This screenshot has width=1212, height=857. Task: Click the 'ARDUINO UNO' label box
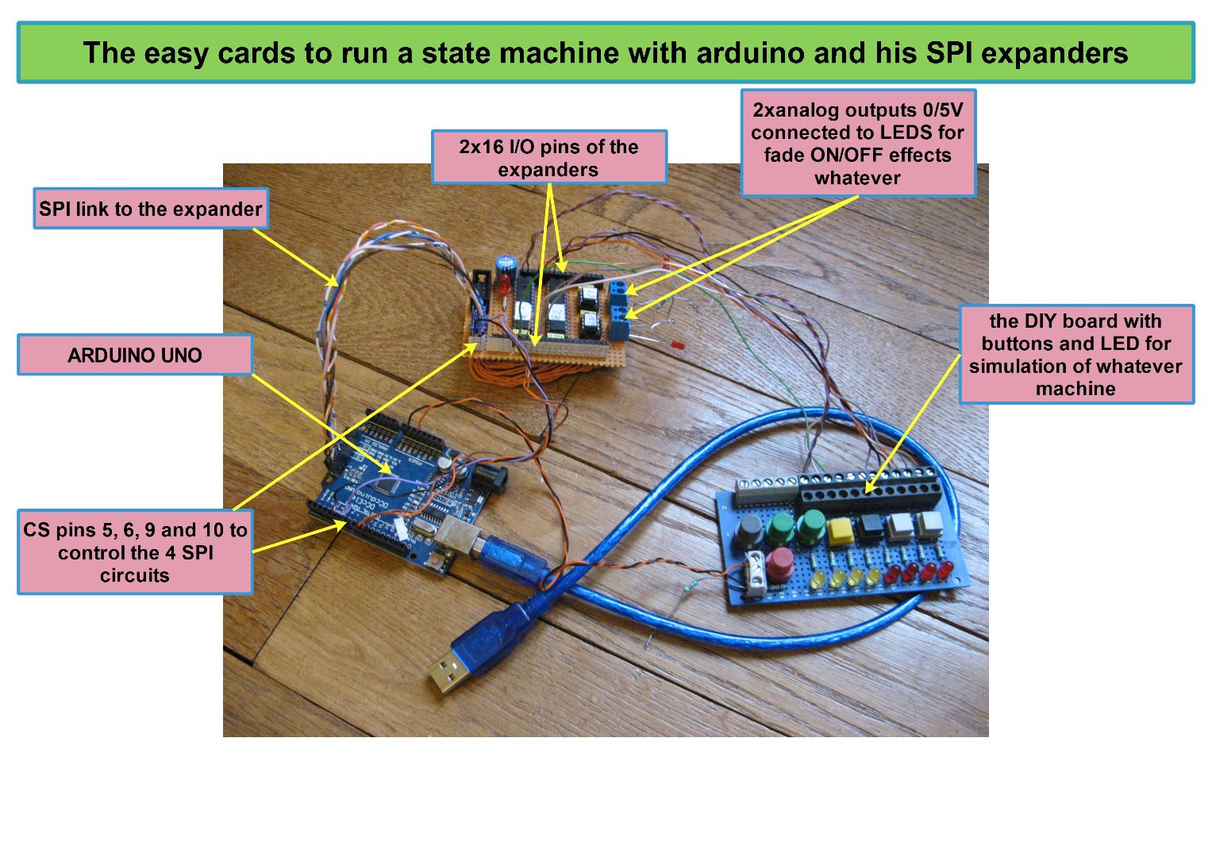(x=135, y=355)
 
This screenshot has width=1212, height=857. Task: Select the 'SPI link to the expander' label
(x=150, y=209)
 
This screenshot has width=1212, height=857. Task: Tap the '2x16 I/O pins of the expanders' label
(x=548, y=158)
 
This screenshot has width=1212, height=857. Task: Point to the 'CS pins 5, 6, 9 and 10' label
(x=135, y=552)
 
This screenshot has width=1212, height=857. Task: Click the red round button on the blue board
(x=779, y=559)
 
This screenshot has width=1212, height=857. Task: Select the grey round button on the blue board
(x=749, y=529)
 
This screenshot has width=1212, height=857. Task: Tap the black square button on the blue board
(x=870, y=526)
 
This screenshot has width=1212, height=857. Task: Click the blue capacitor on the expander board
(x=505, y=263)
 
